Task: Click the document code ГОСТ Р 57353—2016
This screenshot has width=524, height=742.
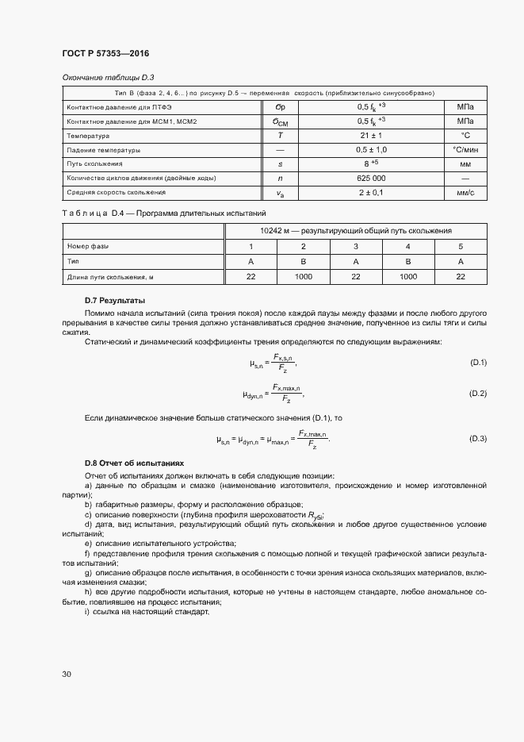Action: tap(105, 53)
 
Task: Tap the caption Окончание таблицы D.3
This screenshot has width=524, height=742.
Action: tap(108, 77)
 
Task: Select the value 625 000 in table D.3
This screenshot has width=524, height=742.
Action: tap(371, 178)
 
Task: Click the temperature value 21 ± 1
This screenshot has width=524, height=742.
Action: tap(371, 136)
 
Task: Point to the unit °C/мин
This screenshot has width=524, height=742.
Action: tap(465, 150)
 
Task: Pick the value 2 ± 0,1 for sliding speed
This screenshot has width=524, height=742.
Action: tap(371, 192)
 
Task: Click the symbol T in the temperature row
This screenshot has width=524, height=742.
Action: tap(280, 136)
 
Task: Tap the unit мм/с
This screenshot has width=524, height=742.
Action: tap(465, 192)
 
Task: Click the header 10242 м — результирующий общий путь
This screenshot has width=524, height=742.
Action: tap(355, 231)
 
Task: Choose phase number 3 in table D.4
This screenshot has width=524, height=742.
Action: tap(355, 246)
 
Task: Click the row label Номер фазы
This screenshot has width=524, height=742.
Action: tap(88, 246)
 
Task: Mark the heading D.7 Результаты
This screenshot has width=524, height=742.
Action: tap(115, 301)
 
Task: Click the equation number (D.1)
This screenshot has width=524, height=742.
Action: tap(478, 363)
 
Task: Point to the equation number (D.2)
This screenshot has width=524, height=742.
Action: tap(478, 393)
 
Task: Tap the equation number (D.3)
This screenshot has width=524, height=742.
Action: tap(478, 438)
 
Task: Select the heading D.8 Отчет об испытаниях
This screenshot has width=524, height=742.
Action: tap(134, 463)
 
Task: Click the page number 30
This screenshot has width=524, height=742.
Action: tap(67, 675)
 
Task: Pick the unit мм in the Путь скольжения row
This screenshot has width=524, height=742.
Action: tap(465, 164)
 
